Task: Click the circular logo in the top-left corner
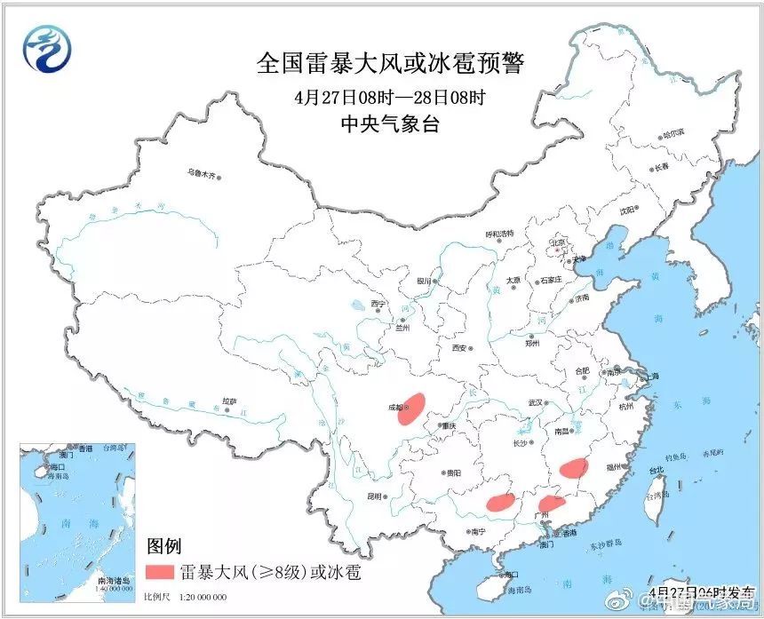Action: pyautogui.click(x=44, y=51)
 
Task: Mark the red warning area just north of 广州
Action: pyautogui.click(x=551, y=504)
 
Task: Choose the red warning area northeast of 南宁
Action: pyautogui.click(x=501, y=502)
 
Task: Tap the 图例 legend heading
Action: pyautogui.click(x=164, y=544)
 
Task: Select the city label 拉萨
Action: pyautogui.click(x=229, y=401)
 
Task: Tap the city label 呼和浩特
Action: pyautogui.click(x=500, y=233)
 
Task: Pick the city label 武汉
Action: pyautogui.click(x=534, y=402)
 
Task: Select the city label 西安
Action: pyautogui.click(x=458, y=348)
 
